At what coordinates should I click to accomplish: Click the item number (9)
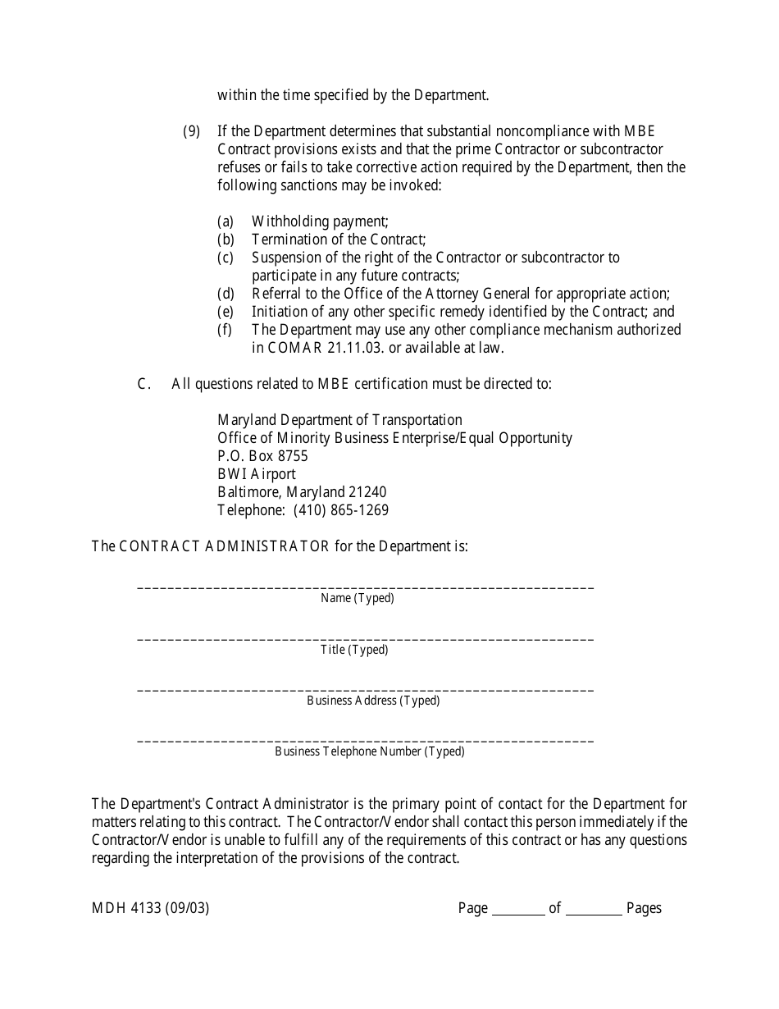pyautogui.click(x=191, y=131)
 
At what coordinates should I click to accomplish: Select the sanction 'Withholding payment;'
pyautogui.click(x=320, y=221)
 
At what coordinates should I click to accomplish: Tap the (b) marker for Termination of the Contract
pyautogui.click(x=225, y=240)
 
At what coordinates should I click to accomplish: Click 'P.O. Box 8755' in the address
pyautogui.click(x=262, y=456)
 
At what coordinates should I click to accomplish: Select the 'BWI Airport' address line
pyautogui.click(x=256, y=474)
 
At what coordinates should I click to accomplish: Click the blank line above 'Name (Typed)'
pyautogui.click(x=365, y=587)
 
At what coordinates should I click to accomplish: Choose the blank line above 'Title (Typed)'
pyautogui.click(x=365, y=638)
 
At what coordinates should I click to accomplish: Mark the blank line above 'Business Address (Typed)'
pyautogui.click(x=365, y=689)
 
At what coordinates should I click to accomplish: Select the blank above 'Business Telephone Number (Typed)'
pyautogui.click(x=365, y=740)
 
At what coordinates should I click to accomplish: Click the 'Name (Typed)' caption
pyautogui.click(x=358, y=599)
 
